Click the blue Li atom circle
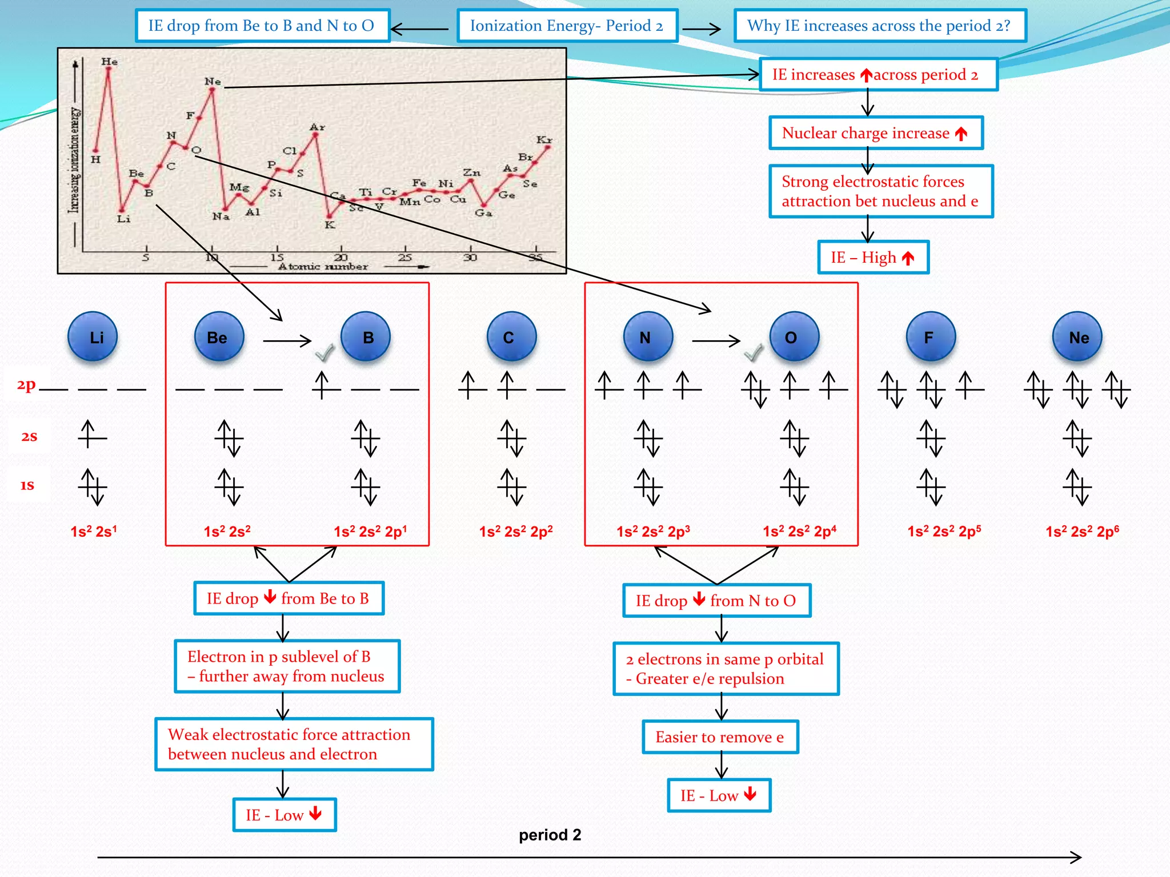pyautogui.click(x=93, y=337)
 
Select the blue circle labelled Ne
pyautogui.click(x=1078, y=337)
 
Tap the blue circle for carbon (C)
pyautogui.click(x=511, y=337)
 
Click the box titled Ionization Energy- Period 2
pyautogui.click(x=567, y=26)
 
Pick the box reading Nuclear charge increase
pyautogui.click(x=876, y=133)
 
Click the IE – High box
pyautogui.click(x=873, y=258)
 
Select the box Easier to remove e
pyautogui.click(x=720, y=737)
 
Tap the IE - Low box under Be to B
pyautogui.click(x=285, y=815)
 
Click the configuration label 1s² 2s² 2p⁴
pyautogui.click(x=799, y=532)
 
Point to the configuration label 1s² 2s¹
pyautogui.click(x=94, y=532)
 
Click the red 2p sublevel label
pyautogui.click(x=26, y=385)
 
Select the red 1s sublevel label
pyautogui.click(x=27, y=485)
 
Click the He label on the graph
pyautogui.click(x=109, y=62)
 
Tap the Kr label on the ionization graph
pyautogui.click(x=544, y=140)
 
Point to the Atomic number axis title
pyautogui.click(x=323, y=267)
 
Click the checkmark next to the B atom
pyautogui.click(x=324, y=353)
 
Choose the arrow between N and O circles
pyautogui.click(x=716, y=341)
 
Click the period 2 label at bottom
pyautogui.click(x=550, y=835)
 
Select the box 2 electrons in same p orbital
pyautogui.click(x=726, y=669)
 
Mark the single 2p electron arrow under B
pyautogui.click(x=322, y=385)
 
